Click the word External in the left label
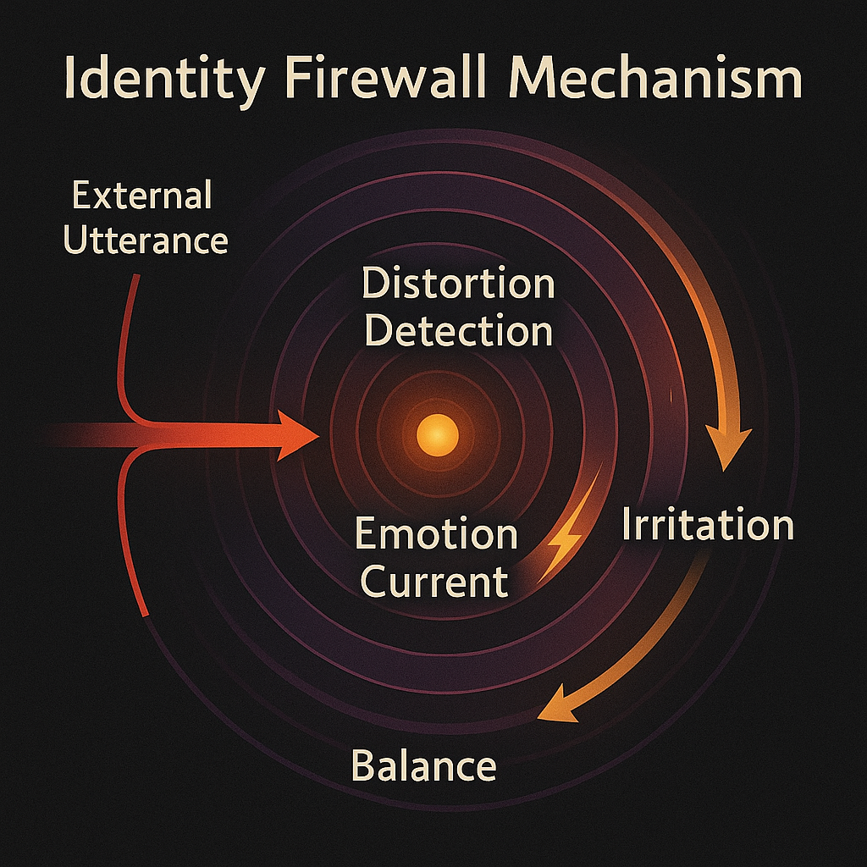pos(141,196)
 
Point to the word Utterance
pos(146,240)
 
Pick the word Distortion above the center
pos(458,284)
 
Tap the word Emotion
pos(435,535)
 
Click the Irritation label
pos(708,526)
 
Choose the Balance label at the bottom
pos(423,766)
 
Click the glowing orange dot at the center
pos(438,435)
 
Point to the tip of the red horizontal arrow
pos(317,435)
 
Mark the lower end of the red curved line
pos(148,614)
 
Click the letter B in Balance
pos(362,766)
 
